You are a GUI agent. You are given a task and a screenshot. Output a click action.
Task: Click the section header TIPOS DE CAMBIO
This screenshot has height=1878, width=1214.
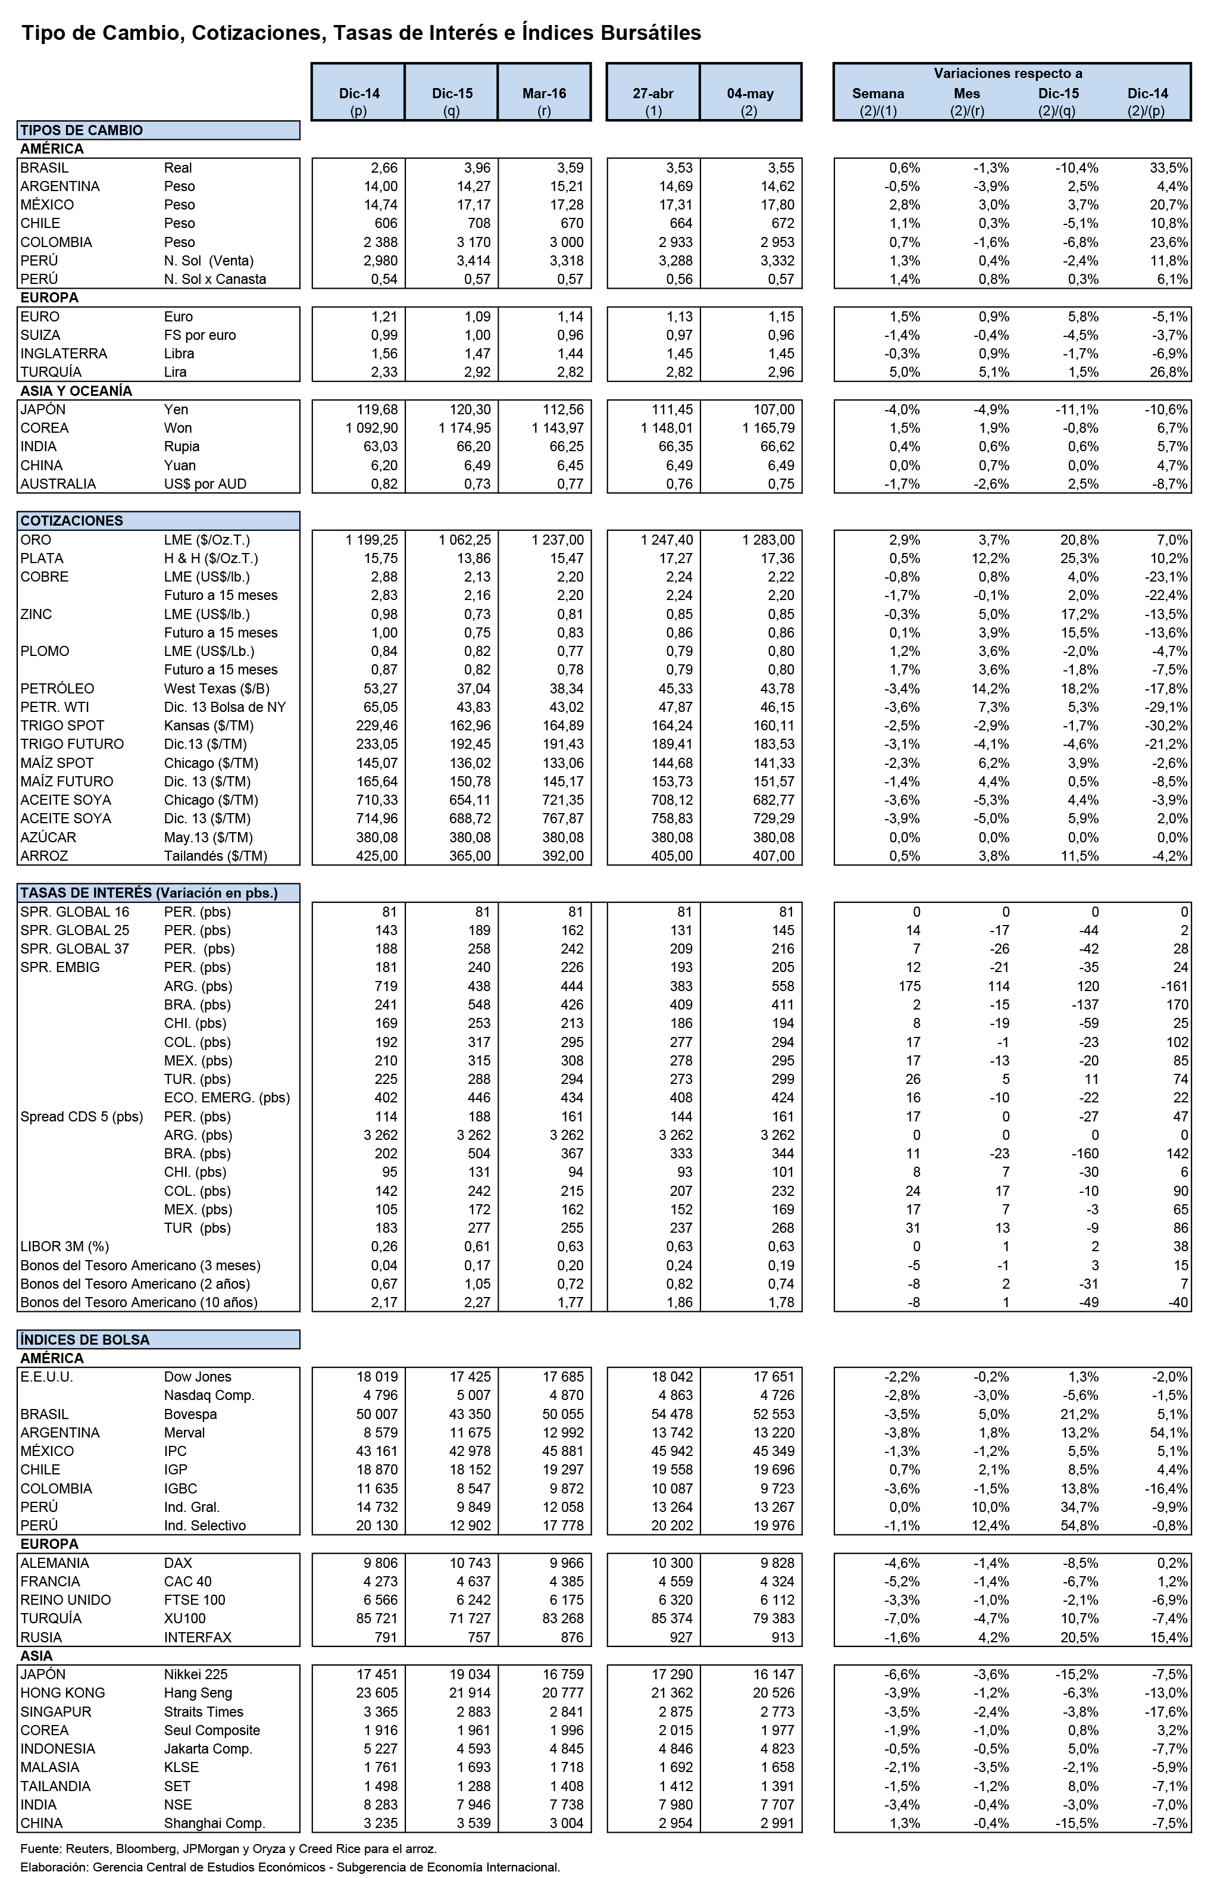(81, 130)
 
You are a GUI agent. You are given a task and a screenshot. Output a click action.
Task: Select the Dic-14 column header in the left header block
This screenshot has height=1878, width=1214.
(359, 93)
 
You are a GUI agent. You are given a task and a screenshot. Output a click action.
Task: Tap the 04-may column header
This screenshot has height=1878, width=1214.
(750, 93)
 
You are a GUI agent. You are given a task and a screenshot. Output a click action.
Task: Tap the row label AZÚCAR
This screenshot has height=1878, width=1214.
(48, 838)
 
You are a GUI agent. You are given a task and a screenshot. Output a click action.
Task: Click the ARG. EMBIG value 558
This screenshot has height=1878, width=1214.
(782, 986)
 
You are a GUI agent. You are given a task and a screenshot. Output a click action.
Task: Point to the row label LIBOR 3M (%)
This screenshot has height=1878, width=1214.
(65, 1246)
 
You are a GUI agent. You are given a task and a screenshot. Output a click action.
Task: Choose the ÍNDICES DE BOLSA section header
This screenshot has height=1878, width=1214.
(85, 1339)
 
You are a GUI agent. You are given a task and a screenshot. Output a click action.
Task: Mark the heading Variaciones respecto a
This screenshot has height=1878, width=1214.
(1008, 73)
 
